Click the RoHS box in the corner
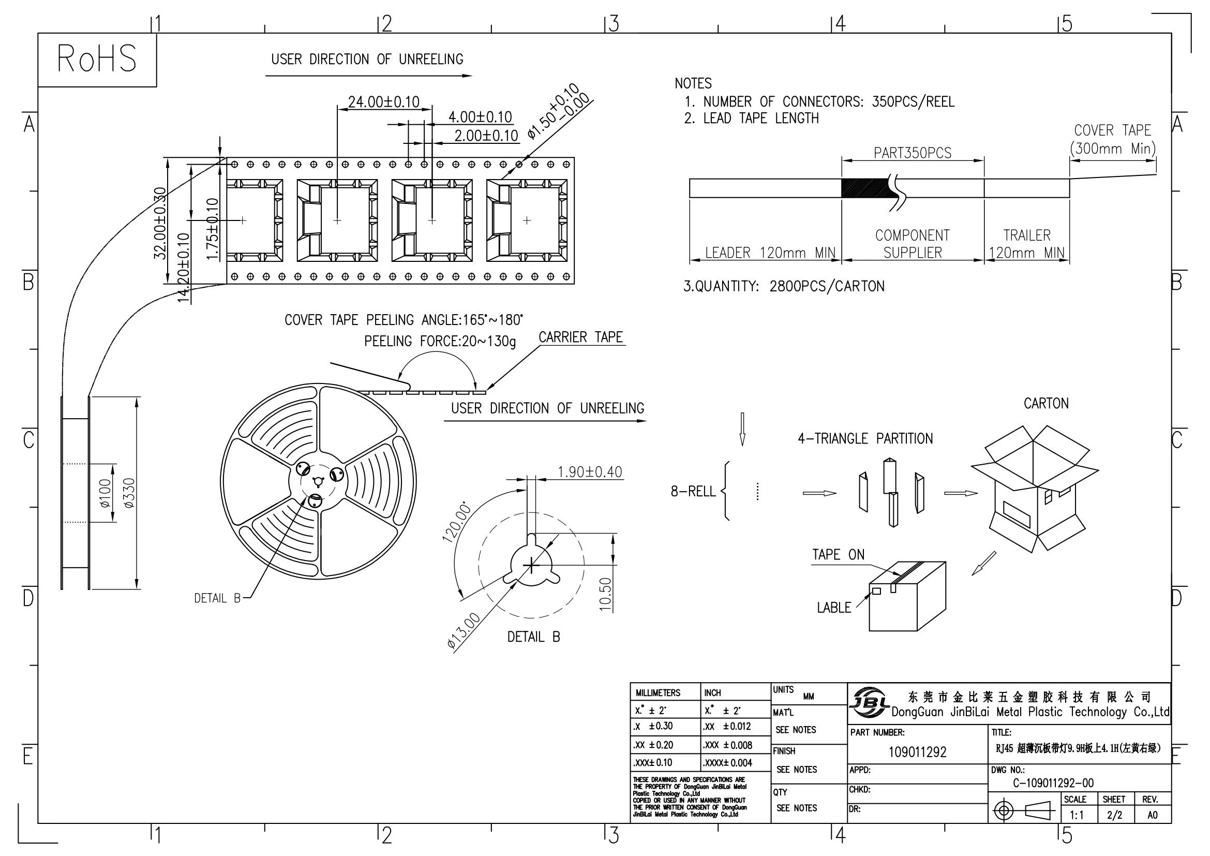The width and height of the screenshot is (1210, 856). pyautogui.click(x=97, y=58)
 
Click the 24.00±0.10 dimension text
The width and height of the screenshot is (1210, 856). pyautogui.click(x=383, y=101)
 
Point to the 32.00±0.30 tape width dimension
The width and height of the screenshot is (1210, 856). pyautogui.click(x=160, y=223)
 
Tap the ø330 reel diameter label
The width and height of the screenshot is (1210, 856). pyautogui.click(x=129, y=493)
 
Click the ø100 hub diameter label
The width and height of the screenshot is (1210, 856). pyautogui.click(x=105, y=493)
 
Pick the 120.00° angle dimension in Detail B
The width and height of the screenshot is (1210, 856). pyautogui.click(x=457, y=522)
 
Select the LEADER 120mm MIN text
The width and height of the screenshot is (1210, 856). pyautogui.click(x=770, y=253)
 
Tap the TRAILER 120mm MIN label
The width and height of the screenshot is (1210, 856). pyautogui.click(x=1026, y=244)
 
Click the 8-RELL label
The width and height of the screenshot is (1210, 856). pyautogui.click(x=693, y=491)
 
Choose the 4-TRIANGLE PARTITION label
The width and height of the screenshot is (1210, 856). pyautogui.click(x=865, y=438)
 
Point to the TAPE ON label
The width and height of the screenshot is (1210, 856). pyautogui.click(x=838, y=554)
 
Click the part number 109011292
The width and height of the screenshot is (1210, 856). pyautogui.click(x=917, y=752)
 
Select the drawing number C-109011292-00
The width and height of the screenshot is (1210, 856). pyautogui.click(x=1054, y=783)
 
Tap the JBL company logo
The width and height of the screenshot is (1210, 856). pyautogui.click(x=869, y=702)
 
